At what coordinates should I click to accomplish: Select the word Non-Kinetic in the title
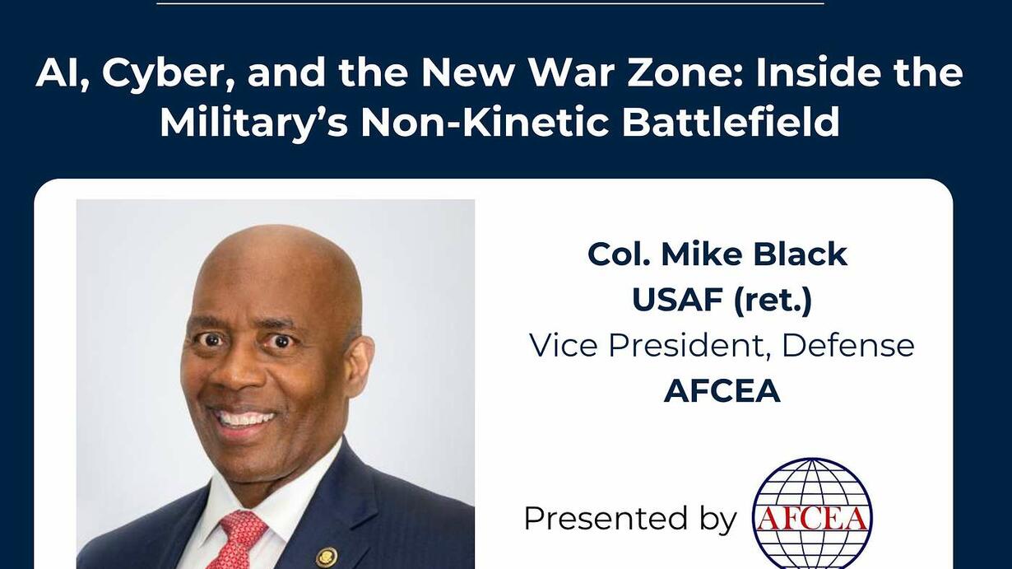[484, 122]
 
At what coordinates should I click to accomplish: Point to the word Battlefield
[731, 122]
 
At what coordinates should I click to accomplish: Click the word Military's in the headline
[254, 124]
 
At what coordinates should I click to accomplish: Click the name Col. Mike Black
[717, 254]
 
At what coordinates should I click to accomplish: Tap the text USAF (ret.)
[722, 300]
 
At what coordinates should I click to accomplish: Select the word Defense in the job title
[848, 346]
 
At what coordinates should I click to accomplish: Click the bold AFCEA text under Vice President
[722, 391]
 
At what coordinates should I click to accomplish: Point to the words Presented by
[630, 519]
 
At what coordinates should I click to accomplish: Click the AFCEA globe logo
[812, 513]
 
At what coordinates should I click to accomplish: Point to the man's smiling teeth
[246, 418]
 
